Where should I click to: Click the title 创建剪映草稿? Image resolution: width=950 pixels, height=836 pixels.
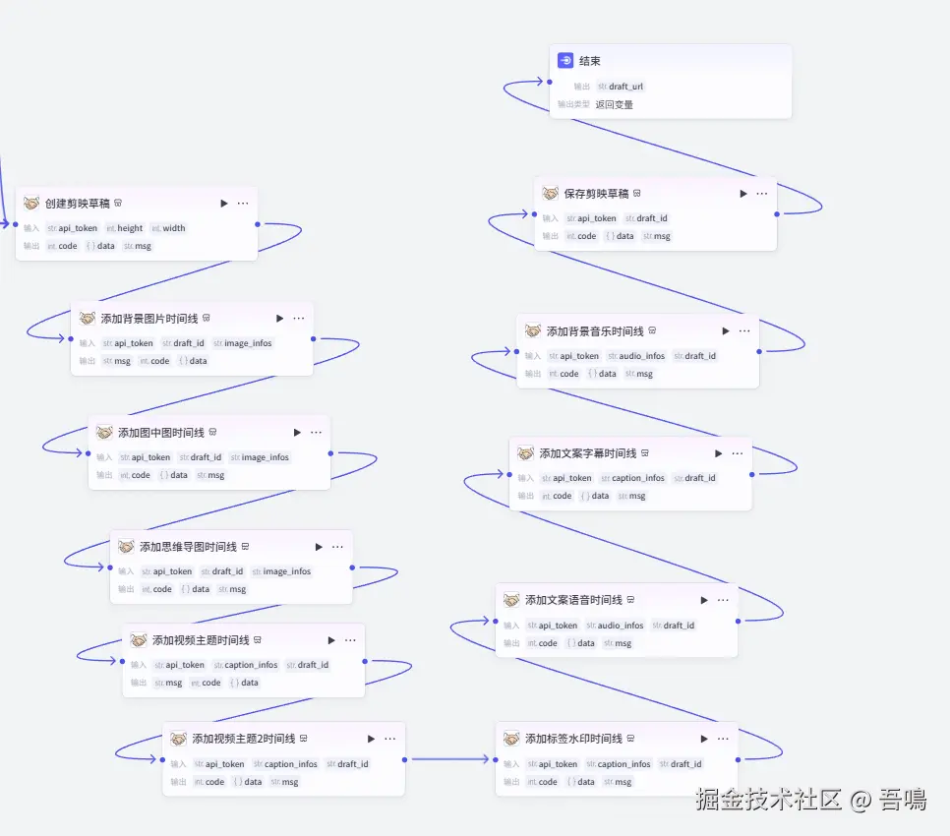pyautogui.click(x=78, y=204)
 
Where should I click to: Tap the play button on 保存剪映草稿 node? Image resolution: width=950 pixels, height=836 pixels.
pyautogui.click(x=743, y=194)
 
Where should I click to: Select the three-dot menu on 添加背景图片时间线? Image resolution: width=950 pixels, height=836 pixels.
pyautogui.click(x=299, y=319)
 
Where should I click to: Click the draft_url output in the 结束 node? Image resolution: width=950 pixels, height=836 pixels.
pyautogui.click(x=625, y=87)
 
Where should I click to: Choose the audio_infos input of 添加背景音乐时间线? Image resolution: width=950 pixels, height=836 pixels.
pyautogui.click(x=641, y=356)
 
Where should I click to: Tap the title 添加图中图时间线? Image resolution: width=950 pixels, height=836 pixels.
pyautogui.click(x=160, y=433)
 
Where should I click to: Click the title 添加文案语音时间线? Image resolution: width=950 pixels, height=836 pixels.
pyautogui.click(x=573, y=600)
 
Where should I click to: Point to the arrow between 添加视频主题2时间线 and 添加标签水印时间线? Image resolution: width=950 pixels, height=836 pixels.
pyautogui.click(x=450, y=759)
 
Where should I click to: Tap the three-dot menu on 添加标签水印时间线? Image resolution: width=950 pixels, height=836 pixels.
pyautogui.click(x=723, y=739)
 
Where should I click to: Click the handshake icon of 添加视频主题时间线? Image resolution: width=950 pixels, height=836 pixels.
pyautogui.click(x=138, y=640)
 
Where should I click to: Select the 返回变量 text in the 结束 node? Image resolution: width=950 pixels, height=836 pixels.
pyautogui.click(x=614, y=104)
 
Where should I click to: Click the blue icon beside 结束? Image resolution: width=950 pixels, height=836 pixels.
pyautogui.click(x=565, y=61)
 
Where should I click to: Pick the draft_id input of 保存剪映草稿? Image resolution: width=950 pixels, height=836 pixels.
pyautogui.click(x=652, y=218)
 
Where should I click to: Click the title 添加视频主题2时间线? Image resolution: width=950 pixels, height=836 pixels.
pyautogui.click(x=243, y=739)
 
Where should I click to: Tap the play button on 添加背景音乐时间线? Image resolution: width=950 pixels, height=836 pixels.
pyautogui.click(x=726, y=331)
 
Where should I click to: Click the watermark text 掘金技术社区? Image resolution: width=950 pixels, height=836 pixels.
pyautogui.click(x=769, y=800)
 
